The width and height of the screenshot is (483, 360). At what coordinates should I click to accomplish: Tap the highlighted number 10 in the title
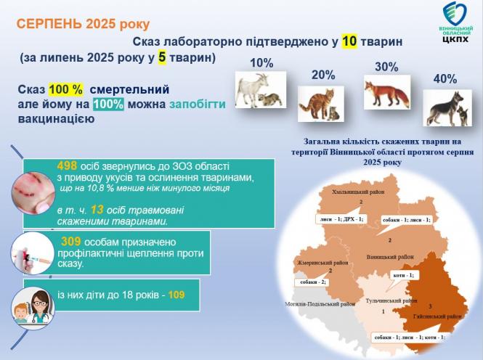(x=349, y=41)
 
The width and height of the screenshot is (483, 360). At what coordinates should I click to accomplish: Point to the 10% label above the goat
(x=261, y=63)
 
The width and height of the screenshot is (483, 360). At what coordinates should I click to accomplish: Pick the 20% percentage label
(x=322, y=75)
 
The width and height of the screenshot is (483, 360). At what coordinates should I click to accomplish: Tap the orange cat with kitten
(x=320, y=103)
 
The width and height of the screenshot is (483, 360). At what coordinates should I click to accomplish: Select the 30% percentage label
(x=386, y=67)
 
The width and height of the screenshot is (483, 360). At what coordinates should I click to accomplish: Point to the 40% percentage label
(x=444, y=78)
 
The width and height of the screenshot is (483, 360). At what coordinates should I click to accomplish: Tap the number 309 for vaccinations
(x=70, y=240)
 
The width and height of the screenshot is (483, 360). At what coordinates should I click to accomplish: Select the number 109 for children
(x=177, y=295)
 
